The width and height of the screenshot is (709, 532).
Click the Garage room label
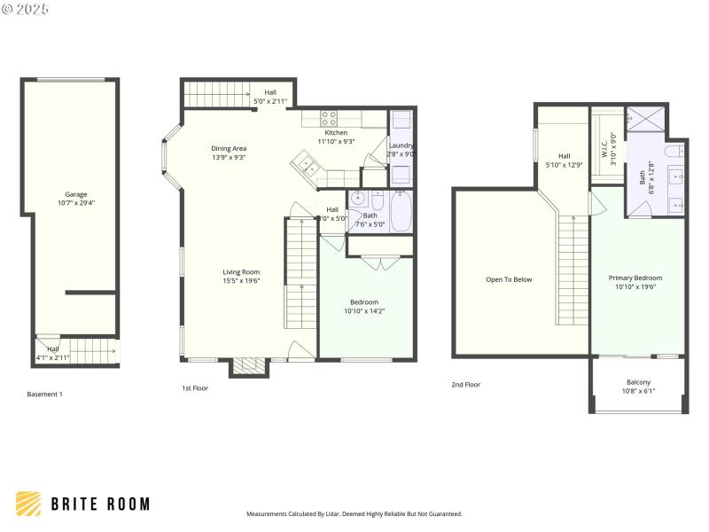(x=75, y=194)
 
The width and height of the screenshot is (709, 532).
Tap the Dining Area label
(x=229, y=148)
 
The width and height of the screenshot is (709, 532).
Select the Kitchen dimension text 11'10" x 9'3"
(x=336, y=141)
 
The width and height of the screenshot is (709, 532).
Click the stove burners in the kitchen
(x=329, y=115)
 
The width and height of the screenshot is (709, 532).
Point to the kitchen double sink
(x=308, y=164)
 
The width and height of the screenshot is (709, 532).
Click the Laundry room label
(x=401, y=145)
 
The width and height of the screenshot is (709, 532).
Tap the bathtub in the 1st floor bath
(x=401, y=214)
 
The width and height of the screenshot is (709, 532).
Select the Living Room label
(x=240, y=272)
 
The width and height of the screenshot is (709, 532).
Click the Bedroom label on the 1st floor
(x=363, y=302)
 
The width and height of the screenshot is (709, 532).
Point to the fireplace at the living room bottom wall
(x=249, y=365)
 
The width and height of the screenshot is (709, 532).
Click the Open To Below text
(x=509, y=279)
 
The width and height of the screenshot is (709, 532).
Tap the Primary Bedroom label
(x=635, y=278)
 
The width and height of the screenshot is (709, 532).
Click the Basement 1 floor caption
(x=44, y=394)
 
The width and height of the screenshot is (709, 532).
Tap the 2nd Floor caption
(x=465, y=385)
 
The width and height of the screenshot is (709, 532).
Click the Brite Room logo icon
(x=28, y=504)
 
